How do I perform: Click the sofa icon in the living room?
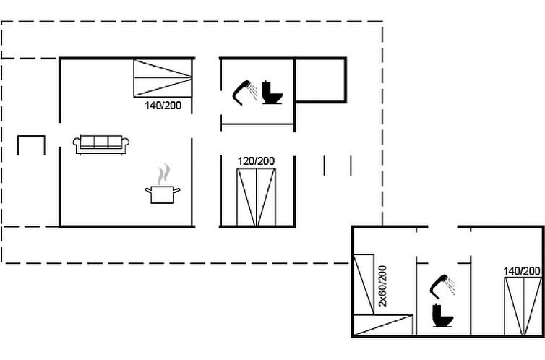101,143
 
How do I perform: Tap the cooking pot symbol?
163,194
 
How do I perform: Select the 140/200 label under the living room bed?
163,106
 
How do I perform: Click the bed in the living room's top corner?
163,77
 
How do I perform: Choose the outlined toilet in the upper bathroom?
272,93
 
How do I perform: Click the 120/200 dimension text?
257,160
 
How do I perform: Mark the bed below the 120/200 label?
257,197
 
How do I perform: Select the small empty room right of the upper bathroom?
320,80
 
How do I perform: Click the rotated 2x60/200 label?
383,286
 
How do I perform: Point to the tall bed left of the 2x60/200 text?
364,283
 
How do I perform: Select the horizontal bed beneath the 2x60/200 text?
383,326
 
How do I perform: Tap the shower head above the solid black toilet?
442,286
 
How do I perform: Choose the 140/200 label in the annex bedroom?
522,271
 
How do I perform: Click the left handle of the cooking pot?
147,190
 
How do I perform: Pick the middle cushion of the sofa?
101,141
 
